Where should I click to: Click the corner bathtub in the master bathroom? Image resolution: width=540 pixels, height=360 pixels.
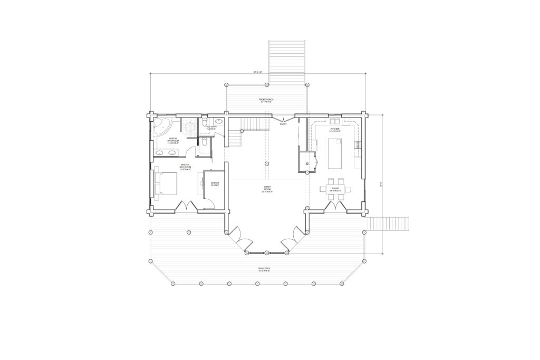point(160,126)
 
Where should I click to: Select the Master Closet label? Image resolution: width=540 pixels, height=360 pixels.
point(215,184)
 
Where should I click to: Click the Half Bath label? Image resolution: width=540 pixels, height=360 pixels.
point(211,127)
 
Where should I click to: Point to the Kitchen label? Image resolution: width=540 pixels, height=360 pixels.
point(335,129)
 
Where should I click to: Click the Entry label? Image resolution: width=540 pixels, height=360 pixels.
point(283,124)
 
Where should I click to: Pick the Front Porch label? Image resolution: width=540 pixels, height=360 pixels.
point(266,101)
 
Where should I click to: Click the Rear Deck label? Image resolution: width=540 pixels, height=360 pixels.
point(264,268)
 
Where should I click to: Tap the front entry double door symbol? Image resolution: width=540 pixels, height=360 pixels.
point(284,119)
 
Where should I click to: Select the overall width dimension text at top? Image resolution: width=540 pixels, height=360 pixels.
point(258,72)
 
